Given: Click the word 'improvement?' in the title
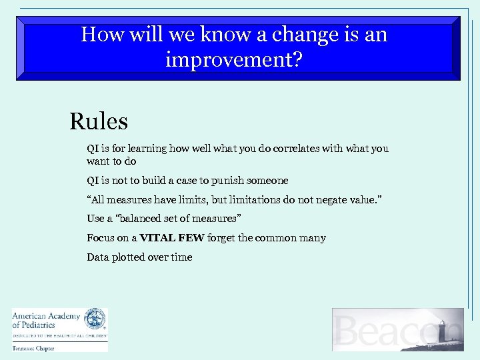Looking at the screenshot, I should (x=234, y=61).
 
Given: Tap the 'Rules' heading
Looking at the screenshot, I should (x=99, y=121).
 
